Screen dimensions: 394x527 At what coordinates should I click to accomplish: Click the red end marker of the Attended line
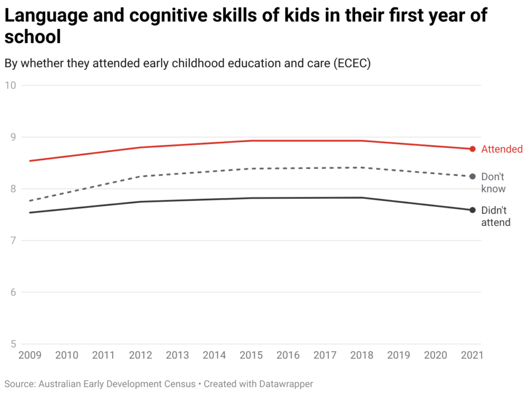pos(472,149)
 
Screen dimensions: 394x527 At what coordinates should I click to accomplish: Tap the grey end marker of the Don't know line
pos(472,177)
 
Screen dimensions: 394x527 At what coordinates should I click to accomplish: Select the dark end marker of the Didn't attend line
pos(472,210)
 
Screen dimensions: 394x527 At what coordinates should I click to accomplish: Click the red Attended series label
pos(502,149)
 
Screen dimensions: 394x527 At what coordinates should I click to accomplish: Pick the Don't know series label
pos(494,183)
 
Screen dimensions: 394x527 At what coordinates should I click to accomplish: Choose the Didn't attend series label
pos(496,216)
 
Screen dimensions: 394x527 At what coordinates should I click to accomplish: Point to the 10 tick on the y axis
pos(10,85)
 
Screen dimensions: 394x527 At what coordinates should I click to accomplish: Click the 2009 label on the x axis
pos(29,355)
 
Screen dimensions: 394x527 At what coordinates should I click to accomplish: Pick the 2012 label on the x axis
pos(140,355)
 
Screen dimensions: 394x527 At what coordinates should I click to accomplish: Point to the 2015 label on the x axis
pos(251,355)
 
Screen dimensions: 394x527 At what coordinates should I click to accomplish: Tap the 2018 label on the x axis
pos(362,355)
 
